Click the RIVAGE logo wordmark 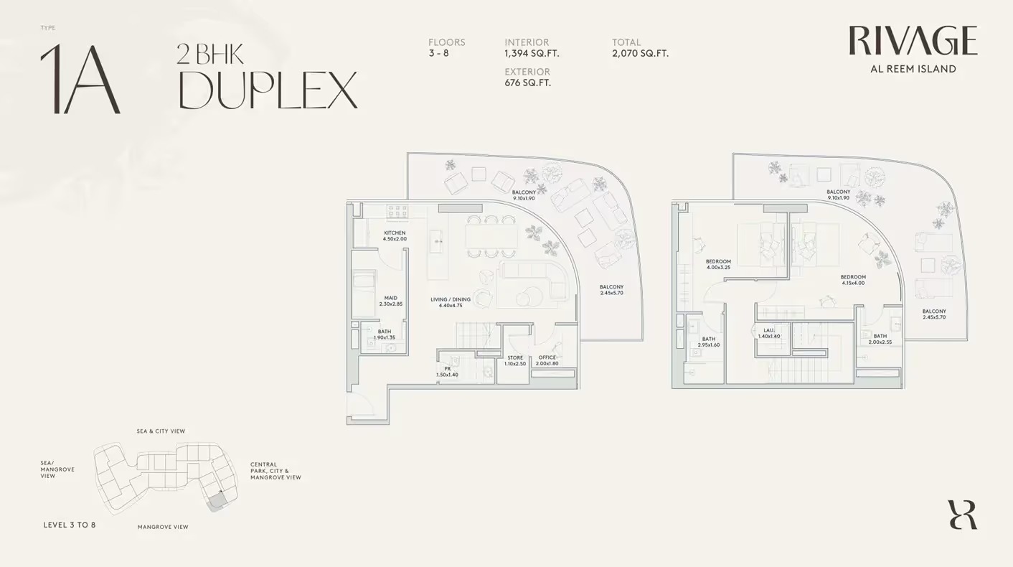coord(913,41)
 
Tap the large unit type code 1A coord(80,80)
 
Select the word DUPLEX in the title coord(268,90)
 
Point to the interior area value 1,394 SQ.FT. coord(532,53)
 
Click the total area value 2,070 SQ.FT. coord(640,53)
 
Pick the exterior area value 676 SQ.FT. coord(527,83)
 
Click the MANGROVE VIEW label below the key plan coord(163,527)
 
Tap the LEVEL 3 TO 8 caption coord(69,525)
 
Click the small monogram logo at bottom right coord(962,515)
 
